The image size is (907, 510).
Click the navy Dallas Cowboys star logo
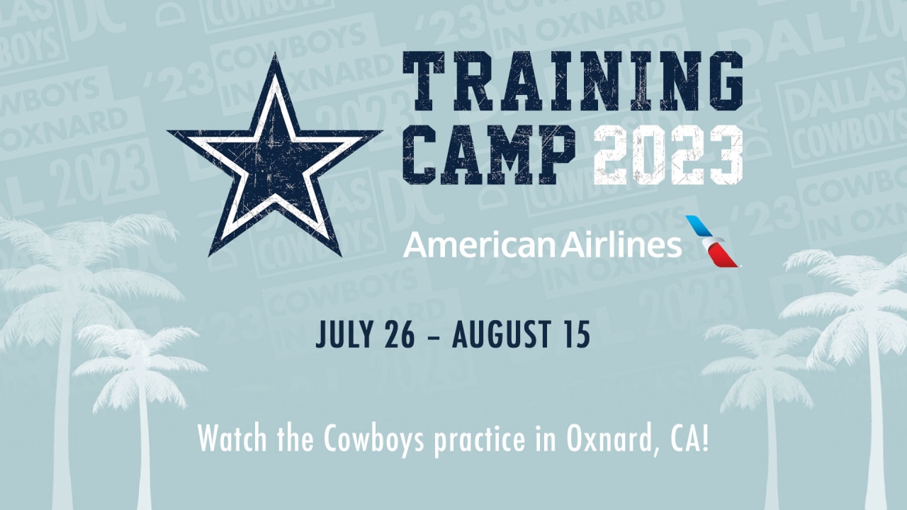(x=275, y=162)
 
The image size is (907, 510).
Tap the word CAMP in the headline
(x=489, y=154)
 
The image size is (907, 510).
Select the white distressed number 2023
(x=668, y=154)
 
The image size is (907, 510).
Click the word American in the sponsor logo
(x=480, y=245)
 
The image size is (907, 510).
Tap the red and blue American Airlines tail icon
(x=712, y=242)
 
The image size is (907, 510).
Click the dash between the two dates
(x=433, y=336)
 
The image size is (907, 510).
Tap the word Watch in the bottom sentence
(x=232, y=438)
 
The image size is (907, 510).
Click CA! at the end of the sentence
(x=689, y=438)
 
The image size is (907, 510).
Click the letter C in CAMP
(x=419, y=154)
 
